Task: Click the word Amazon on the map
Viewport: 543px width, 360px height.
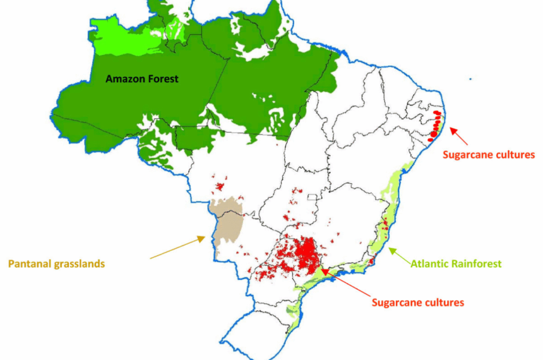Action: coord(122,79)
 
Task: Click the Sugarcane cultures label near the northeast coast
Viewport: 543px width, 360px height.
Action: coord(488,154)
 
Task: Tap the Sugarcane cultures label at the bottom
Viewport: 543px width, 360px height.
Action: coord(418,303)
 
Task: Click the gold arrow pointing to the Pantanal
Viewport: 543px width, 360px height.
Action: coord(177,248)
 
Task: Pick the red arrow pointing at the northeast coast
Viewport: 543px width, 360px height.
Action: coord(459,136)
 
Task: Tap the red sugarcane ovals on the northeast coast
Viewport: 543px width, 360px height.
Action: coord(436,124)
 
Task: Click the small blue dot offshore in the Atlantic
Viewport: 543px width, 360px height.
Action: coord(470,80)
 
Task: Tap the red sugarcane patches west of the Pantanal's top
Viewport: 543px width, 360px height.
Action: coord(220,185)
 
